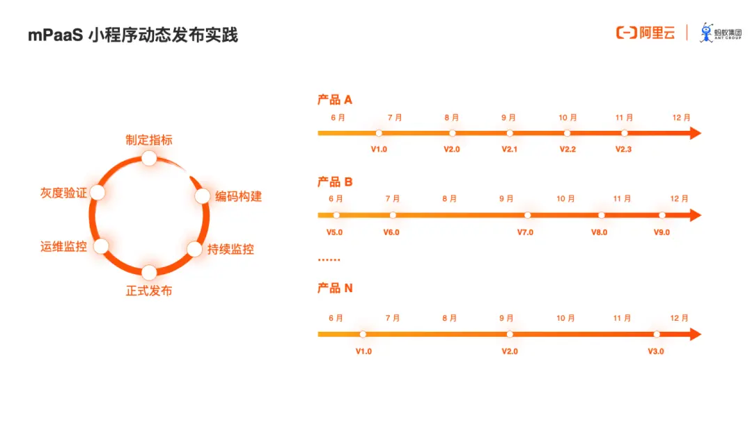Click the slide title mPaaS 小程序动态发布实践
(133, 35)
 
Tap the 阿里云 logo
(645, 33)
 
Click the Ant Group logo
(721, 33)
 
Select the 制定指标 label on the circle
(149, 140)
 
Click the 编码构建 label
(238, 196)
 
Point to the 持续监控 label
(230, 249)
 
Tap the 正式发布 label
(149, 290)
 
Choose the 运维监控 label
(64, 246)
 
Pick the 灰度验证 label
(64, 193)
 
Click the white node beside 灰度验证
(97, 192)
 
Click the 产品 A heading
(335, 100)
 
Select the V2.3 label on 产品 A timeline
(623, 150)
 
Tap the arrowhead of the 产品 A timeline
(695, 133)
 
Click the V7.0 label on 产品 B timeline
(525, 232)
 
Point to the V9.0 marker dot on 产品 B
(662, 216)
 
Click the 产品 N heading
(335, 288)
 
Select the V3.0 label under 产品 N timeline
(656, 351)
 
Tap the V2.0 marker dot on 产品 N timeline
(510, 335)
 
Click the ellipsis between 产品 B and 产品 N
(329, 260)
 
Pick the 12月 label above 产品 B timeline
(679, 199)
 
